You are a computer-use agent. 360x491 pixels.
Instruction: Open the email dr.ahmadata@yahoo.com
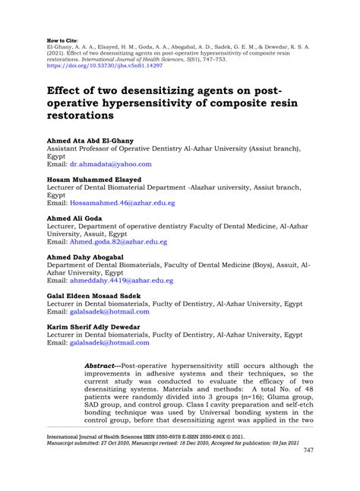(x=111, y=163)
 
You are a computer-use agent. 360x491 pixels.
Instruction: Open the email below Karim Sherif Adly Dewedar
(x=109, y=342)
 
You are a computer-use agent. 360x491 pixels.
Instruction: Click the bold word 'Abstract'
(x=102, y=364)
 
